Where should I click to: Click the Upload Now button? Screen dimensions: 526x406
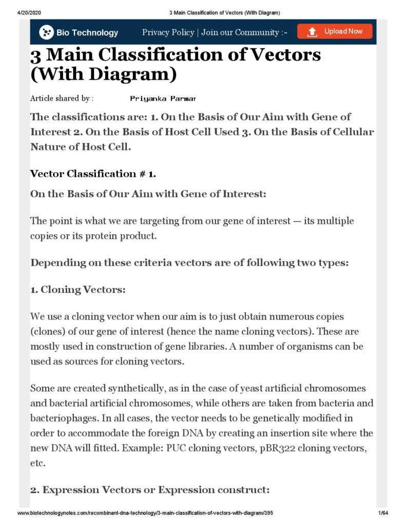(x=335, y=31)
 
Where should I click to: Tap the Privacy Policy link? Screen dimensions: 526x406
(x=168, y=32)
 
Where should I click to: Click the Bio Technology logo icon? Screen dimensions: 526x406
(x=46, y=32)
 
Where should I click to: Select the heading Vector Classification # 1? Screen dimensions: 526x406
(x=93, y=174)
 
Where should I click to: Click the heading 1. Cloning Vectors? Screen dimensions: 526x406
(x=78, y=290)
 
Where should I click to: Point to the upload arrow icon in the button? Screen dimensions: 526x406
(x=312, y=32)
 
